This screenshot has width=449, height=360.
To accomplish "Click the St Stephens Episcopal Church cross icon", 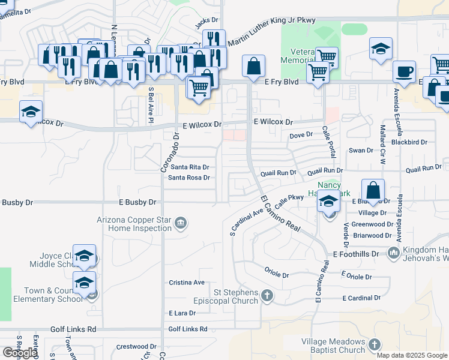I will click(267, 295).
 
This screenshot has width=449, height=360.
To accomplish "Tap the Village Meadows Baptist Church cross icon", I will click(375, 344).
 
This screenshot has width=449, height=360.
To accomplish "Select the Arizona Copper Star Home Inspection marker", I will click(180, 224).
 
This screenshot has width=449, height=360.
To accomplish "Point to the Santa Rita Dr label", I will click(188, 167).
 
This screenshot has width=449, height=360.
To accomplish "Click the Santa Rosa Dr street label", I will click(188, 178).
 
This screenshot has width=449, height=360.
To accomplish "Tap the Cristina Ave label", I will click(187, 283).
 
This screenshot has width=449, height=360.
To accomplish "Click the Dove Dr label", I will click(301, 135).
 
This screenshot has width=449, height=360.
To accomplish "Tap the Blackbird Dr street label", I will click(409, 142).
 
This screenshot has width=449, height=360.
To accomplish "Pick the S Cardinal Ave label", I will click(247, 221).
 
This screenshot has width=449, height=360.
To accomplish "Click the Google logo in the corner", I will click(20, 353).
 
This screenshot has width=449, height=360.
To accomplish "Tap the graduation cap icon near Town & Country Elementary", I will click(84, 282).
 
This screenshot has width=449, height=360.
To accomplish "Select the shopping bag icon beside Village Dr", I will click(373, 190).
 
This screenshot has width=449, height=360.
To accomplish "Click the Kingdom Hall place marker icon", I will click(393, 252).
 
